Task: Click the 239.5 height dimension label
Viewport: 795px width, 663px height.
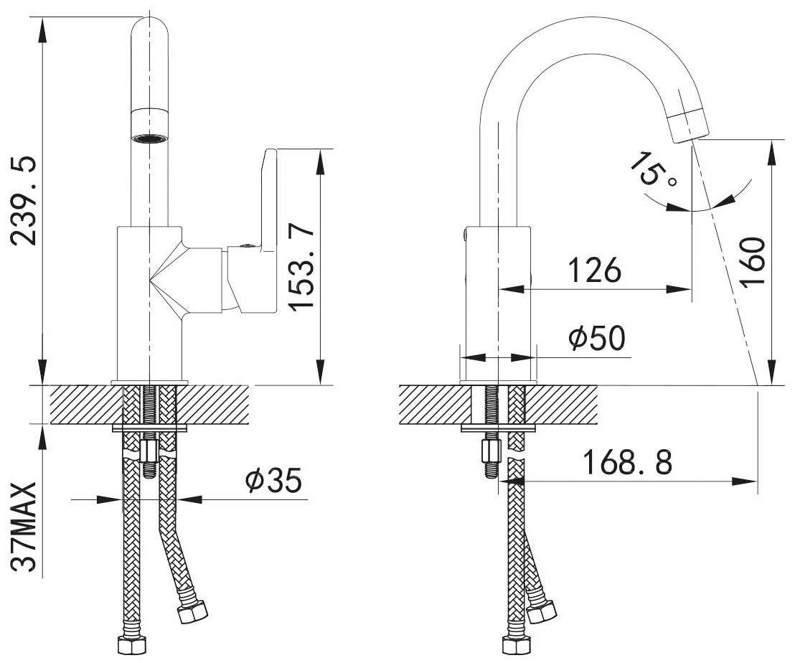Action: [24, 201]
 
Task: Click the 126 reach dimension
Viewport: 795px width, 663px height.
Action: [594, 270]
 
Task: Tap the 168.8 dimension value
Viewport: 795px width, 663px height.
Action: [628, 462]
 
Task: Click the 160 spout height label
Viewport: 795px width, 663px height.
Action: [752, 262]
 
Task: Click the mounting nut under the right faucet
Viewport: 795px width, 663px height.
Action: [491, 451]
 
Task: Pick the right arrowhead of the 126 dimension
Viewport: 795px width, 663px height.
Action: [679, 289]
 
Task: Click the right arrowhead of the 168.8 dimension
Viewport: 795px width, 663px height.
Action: [744, 481]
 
